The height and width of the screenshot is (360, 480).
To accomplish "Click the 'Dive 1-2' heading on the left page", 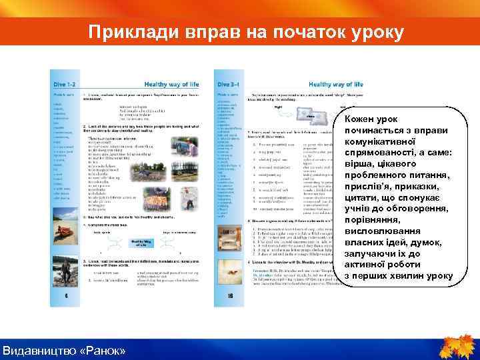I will click(65, 85).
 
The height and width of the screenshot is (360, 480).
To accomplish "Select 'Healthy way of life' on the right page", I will click(337, 85).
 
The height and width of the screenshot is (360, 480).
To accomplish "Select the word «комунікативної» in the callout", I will click(381, 141).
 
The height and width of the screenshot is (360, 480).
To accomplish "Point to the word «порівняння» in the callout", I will click(375, 220).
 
